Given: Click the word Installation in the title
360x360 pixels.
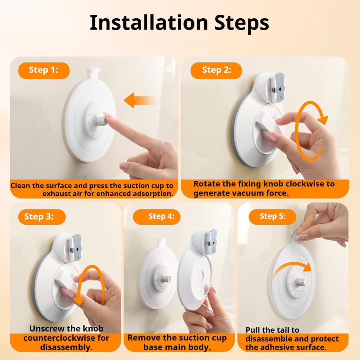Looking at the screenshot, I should pos(149,22).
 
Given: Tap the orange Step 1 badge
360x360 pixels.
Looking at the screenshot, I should pos(44,70).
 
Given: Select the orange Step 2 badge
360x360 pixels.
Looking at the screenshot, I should pos(216,70).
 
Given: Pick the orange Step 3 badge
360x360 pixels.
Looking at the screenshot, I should pos(39,217).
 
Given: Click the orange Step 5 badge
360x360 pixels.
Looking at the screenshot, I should pos(272,216).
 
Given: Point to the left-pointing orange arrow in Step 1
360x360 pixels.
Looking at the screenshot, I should pos(140,100).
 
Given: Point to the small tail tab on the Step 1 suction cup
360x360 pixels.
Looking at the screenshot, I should pos(95,74).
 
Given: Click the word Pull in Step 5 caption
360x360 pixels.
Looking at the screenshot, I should pos(253,330).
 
